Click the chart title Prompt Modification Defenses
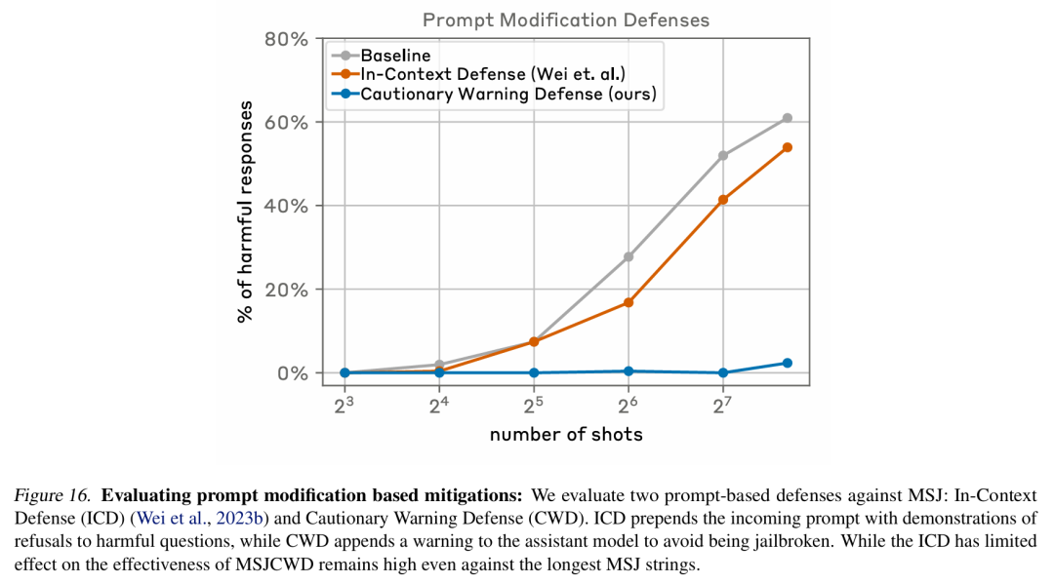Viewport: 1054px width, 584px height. click(x=565, y=20)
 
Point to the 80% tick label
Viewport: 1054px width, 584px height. click(x=286, y=39)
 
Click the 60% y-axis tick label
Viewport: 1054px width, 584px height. click(x=286, y=122)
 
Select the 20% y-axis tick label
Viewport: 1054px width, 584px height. click(x=286, y=290)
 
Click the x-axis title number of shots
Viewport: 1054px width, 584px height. click(x=566, y=434)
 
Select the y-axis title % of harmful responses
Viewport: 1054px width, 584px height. click(x=245, y=212)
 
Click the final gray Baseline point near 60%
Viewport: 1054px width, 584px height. click(x=788, y=118)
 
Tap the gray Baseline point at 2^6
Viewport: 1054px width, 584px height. click(x=628, y=256)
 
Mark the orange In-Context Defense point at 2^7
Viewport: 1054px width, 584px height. click(x=722, y=199)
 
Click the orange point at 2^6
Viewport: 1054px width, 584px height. click(x=628, y=303)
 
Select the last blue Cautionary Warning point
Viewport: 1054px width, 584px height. click(x=788, y=363)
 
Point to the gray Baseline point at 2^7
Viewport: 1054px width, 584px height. click(x=722, y=156)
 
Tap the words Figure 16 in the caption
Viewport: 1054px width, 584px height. click(x=52, y=496)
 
